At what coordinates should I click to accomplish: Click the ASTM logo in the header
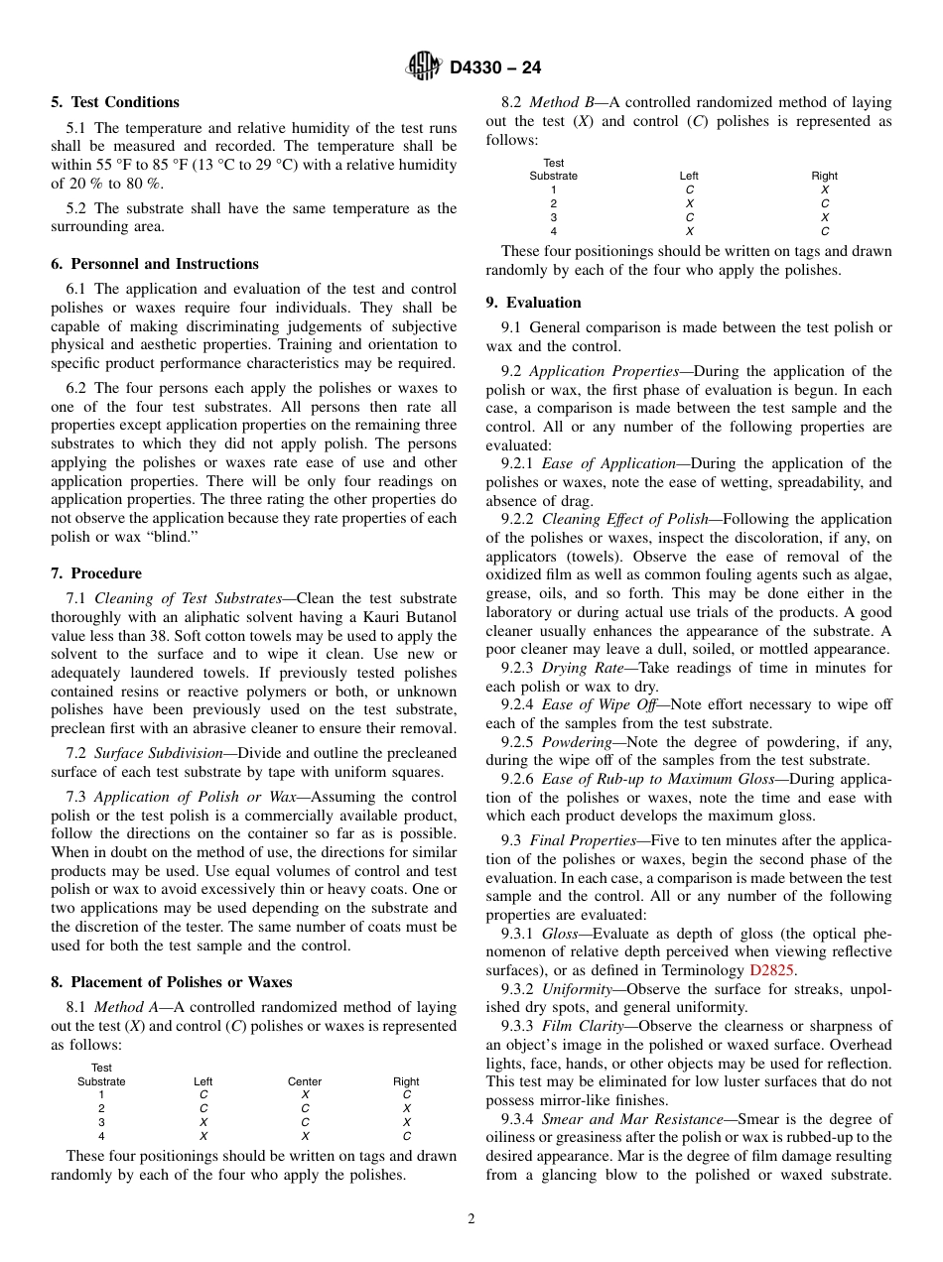[424, 67]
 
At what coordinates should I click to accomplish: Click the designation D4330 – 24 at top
[495, 68]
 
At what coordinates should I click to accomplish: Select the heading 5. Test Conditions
[115, 102]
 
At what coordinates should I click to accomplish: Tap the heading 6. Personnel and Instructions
[155, 264]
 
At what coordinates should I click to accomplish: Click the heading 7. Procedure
[96, 573]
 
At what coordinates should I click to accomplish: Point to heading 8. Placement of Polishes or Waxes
[172, 982]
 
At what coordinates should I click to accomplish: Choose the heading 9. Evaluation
[534, 303]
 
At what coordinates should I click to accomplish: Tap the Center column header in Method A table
[305, 1081]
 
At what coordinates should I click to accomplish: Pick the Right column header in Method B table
[824, 176]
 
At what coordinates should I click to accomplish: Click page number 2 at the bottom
[471, 1219]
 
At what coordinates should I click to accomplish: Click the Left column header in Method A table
[203, 1081]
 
